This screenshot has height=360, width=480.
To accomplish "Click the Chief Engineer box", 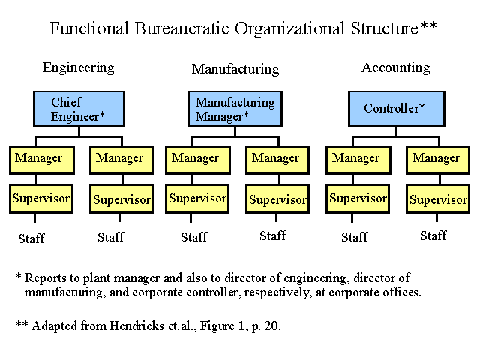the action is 79,109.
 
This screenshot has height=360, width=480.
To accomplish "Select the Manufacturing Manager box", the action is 235,109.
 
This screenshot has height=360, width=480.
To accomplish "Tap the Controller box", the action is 397,109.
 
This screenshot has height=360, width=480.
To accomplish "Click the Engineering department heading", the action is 78,67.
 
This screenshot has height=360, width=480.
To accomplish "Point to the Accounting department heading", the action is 396,67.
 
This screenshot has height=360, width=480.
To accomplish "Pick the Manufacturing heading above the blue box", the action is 235,69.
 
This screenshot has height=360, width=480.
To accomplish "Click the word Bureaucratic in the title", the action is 181,28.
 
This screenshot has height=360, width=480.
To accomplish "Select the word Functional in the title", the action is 89,28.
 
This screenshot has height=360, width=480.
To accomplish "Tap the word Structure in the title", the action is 385,28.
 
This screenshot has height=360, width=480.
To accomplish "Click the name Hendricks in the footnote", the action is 136,325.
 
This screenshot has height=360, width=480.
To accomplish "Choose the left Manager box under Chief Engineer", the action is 42,160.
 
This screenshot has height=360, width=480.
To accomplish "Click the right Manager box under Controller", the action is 438,160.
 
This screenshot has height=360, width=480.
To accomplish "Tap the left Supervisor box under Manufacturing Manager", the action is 197,199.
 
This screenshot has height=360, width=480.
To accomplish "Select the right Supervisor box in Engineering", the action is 121,199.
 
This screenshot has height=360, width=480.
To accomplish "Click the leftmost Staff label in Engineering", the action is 31,238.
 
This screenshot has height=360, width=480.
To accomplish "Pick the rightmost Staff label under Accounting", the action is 433,235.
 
